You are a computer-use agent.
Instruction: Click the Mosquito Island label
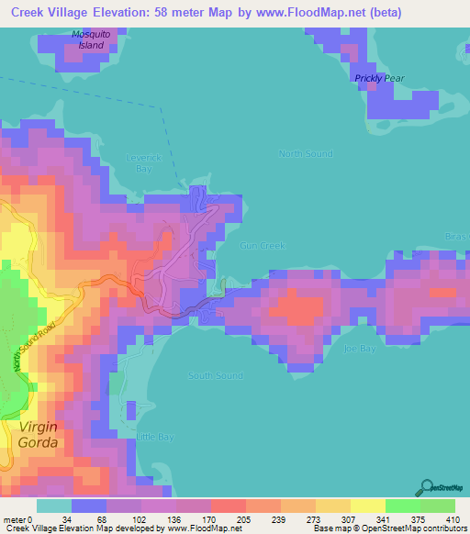tap(90, 39)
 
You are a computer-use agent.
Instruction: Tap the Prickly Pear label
tap(380, 79)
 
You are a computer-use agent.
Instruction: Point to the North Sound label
tap(306, 153)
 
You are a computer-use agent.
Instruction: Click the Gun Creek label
tap(263, 246)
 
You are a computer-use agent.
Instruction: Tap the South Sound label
tap(216, 375)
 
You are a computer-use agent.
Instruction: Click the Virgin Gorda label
tap(38, 435)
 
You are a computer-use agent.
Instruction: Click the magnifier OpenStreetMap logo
tap(426, 487)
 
